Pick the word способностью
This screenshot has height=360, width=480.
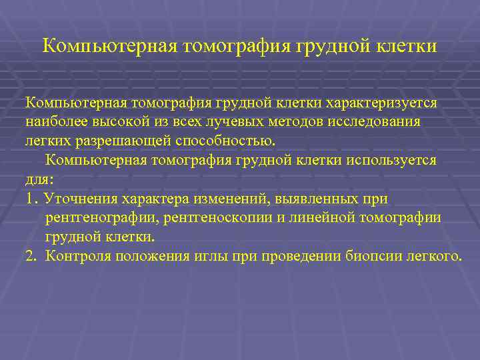(226, 141)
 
